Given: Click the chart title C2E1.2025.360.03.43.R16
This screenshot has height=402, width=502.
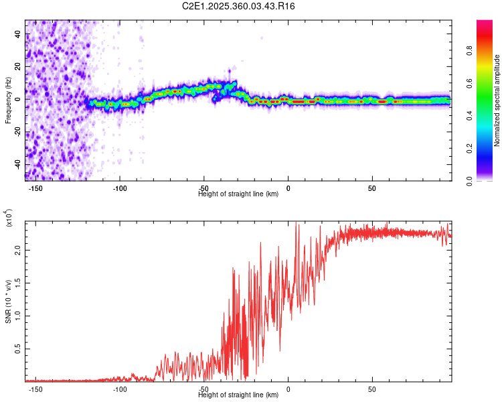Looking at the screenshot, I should (239, 6).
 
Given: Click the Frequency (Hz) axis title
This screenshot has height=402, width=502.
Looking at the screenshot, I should (9, 100).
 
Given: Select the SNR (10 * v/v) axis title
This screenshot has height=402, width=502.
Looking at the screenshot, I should (9, 301).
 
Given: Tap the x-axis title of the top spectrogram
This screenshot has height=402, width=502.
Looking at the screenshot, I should (238, 194).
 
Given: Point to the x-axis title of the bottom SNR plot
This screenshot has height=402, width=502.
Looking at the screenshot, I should (238, 395).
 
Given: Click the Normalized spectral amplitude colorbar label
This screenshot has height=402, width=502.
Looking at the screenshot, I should (497, 100).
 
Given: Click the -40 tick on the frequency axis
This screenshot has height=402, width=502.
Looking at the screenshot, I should (17, 164).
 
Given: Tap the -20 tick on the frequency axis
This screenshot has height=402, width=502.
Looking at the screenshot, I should (17, 132).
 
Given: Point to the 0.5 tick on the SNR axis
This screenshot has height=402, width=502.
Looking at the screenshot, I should (17, 349).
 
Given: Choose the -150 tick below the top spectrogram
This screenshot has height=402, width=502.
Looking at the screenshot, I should (36, 188).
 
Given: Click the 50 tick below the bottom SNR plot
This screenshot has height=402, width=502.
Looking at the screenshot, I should (372, 389).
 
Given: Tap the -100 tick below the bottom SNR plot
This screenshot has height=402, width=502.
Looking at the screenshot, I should (120, 389).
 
